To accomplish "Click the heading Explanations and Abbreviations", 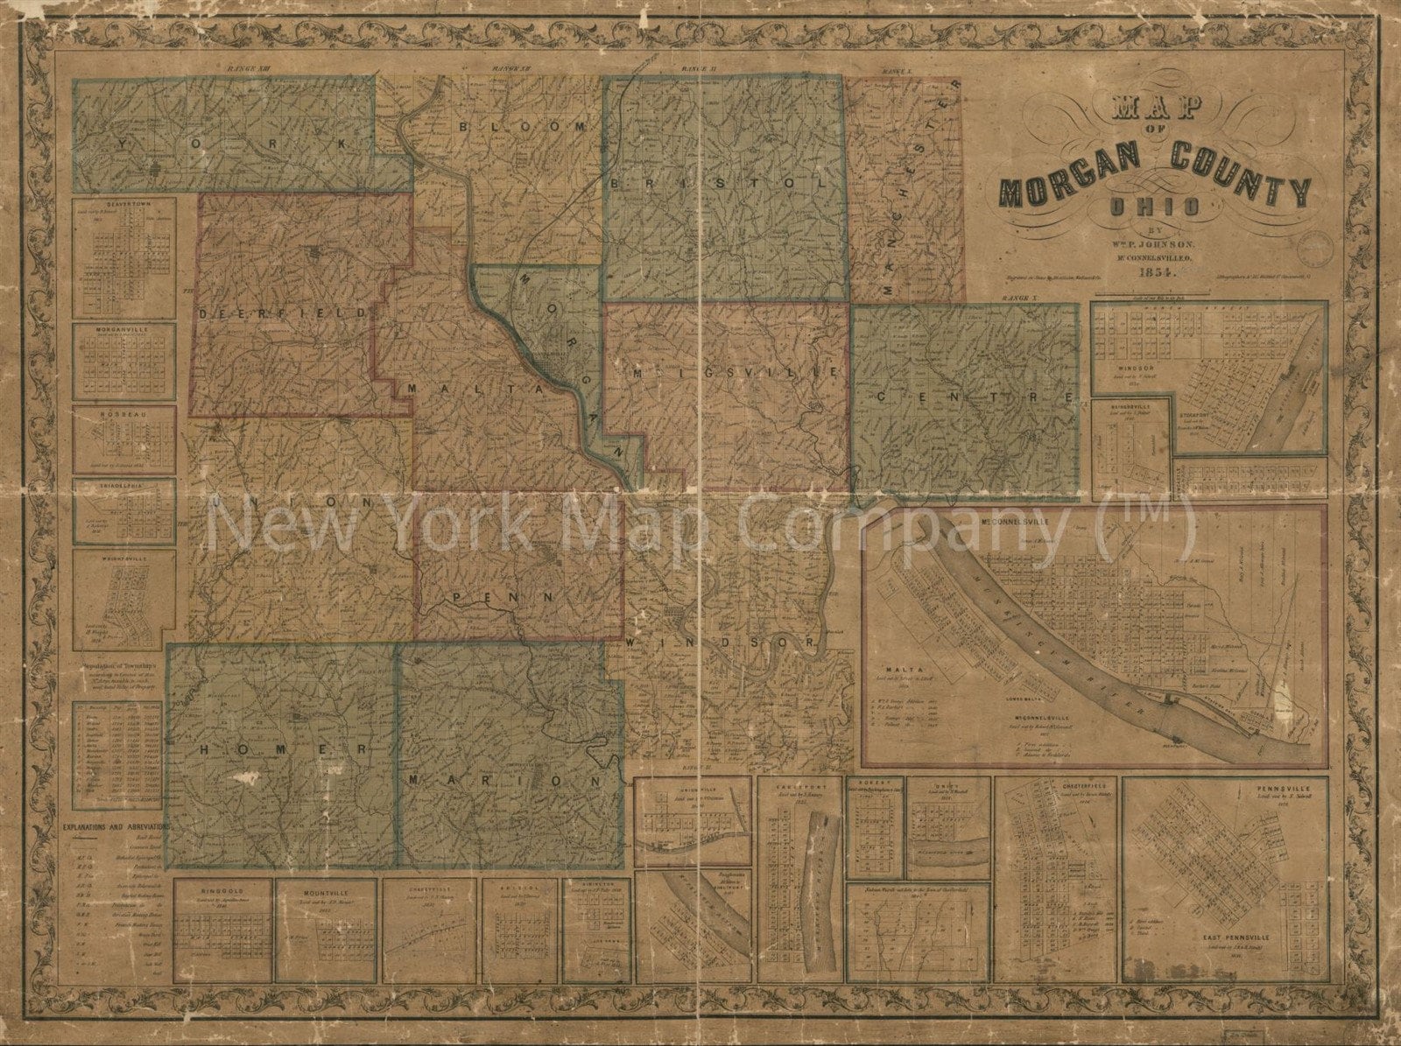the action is coord(116,825).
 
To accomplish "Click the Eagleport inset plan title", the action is coord(799,785).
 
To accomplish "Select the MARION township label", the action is coord(503,778).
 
